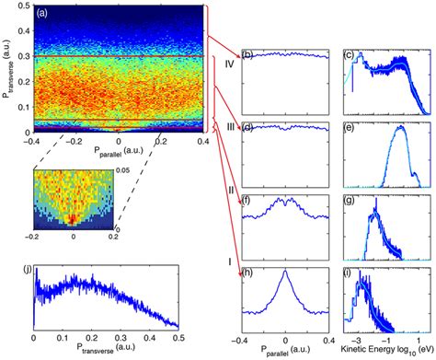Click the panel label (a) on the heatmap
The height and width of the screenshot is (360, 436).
(44, 17)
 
